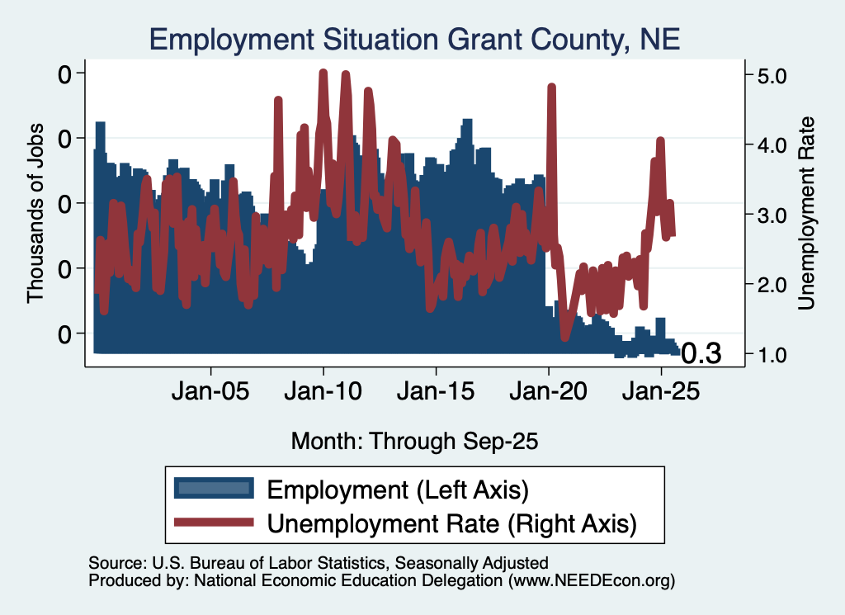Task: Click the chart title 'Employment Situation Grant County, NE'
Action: pos(414,40)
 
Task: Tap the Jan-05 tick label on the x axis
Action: pos(210,390)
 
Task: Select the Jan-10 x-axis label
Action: pos(323,390)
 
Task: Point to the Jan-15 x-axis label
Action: pos(436,390)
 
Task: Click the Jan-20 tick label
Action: pos(549,390)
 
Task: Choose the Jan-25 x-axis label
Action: pos(661,390)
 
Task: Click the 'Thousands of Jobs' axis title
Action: pos(35,213)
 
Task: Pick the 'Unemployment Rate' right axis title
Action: pos(806,214)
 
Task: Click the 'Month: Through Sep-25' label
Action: pos(414,441)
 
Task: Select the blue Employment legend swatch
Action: pos(214,489)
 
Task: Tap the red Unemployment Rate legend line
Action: pos(214,522)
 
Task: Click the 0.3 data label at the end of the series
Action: pos(701,354)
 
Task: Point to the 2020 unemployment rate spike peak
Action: pos(550,86)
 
